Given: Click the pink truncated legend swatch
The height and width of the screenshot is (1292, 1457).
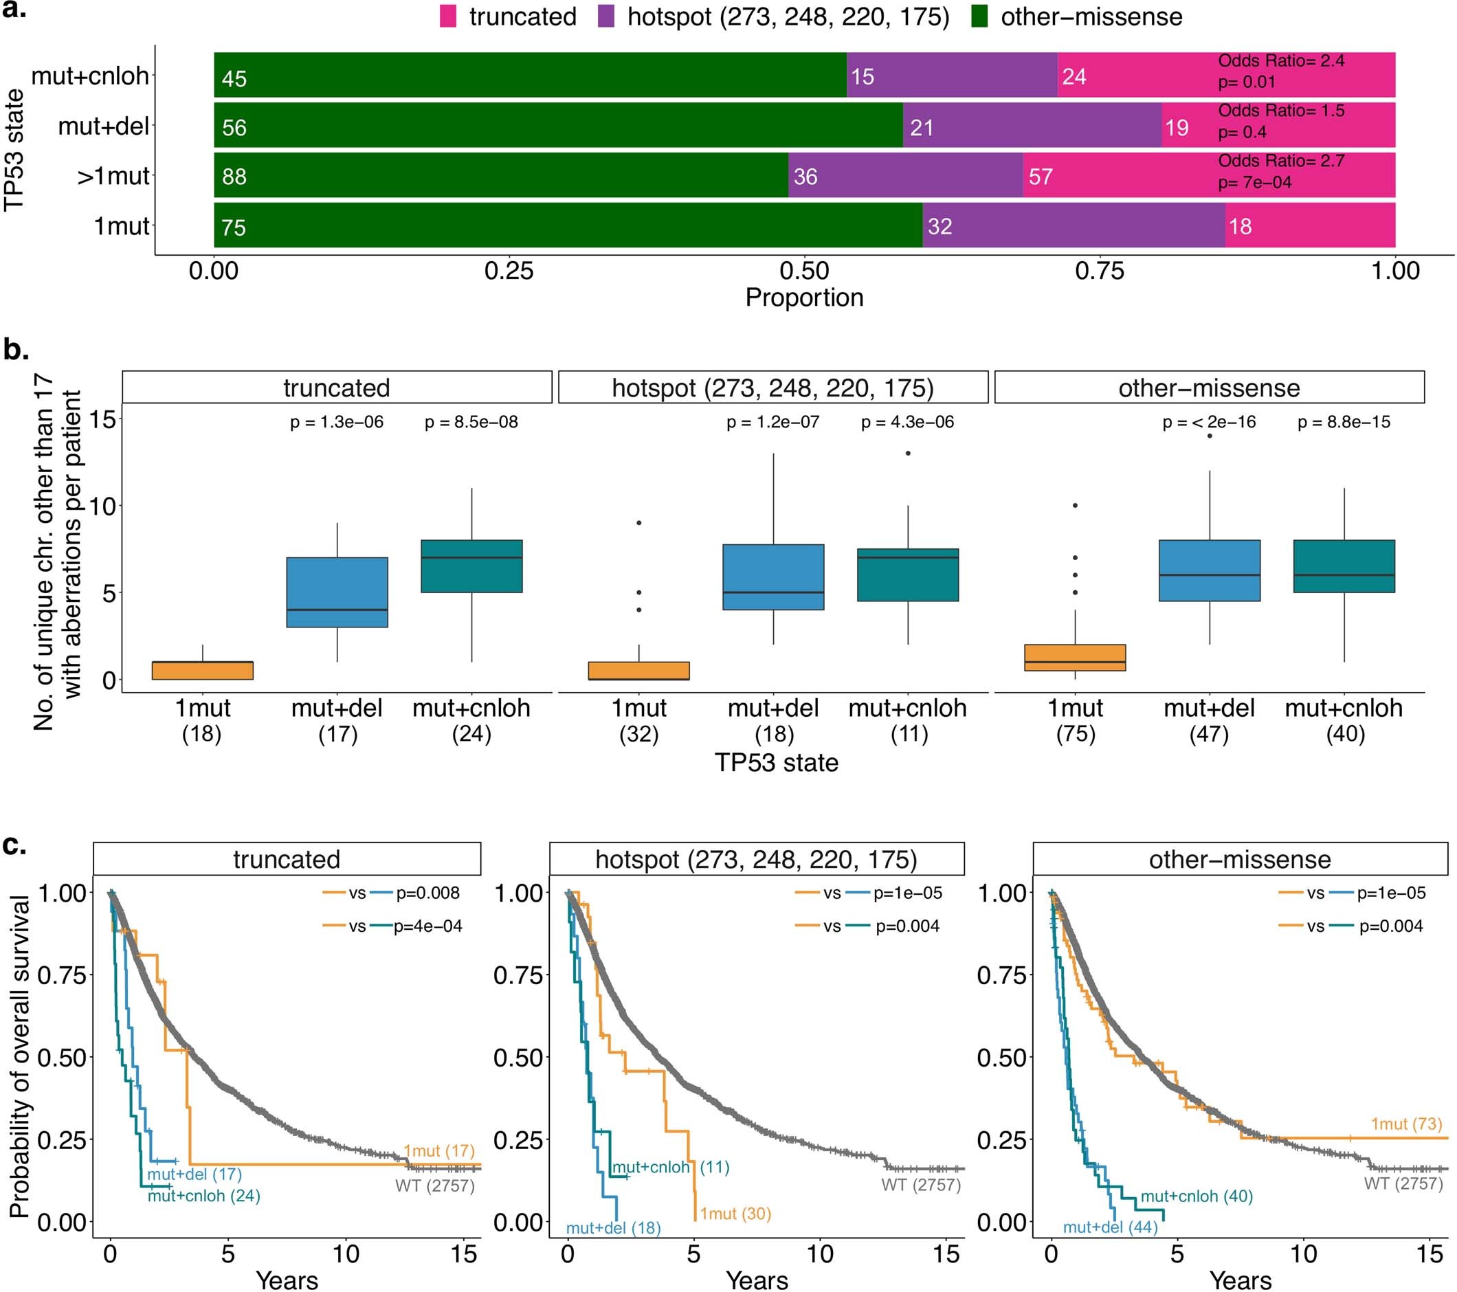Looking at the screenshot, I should (447, 16).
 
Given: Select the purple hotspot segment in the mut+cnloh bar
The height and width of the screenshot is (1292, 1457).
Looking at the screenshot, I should (952, 75).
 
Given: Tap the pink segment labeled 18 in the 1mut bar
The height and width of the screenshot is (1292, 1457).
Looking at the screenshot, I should (1309, 225).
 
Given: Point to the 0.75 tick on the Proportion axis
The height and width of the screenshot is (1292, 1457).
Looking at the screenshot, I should (1099, 271).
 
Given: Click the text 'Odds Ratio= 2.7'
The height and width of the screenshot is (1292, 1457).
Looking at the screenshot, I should (1281, 161).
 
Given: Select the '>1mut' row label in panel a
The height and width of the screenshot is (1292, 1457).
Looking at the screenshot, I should (113, 176).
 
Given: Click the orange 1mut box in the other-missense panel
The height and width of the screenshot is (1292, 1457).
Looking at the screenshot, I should (1075, 657).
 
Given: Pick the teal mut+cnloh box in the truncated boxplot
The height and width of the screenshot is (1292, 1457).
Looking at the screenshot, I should (471, 566).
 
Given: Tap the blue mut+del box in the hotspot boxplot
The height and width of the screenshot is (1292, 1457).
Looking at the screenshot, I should (773, 577).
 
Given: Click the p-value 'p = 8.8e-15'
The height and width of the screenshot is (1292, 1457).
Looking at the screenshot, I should (1344, 422).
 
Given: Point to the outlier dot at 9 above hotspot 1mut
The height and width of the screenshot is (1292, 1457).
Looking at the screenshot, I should (639, 523).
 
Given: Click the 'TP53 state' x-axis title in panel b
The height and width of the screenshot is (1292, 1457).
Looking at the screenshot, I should (776, 763).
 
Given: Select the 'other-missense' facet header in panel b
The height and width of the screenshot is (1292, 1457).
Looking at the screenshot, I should (1209, 388).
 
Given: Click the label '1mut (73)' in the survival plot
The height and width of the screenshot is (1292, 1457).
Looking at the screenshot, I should (1405, 1124).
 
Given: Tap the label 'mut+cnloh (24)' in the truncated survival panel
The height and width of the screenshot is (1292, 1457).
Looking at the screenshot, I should (204, 1196).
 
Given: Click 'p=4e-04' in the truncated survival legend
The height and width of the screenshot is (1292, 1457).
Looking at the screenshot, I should (427, 926).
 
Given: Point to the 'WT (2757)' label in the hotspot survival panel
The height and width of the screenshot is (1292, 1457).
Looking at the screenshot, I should (921, 1185).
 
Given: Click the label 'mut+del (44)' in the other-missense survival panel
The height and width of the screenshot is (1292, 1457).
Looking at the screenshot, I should (1110, 1227).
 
